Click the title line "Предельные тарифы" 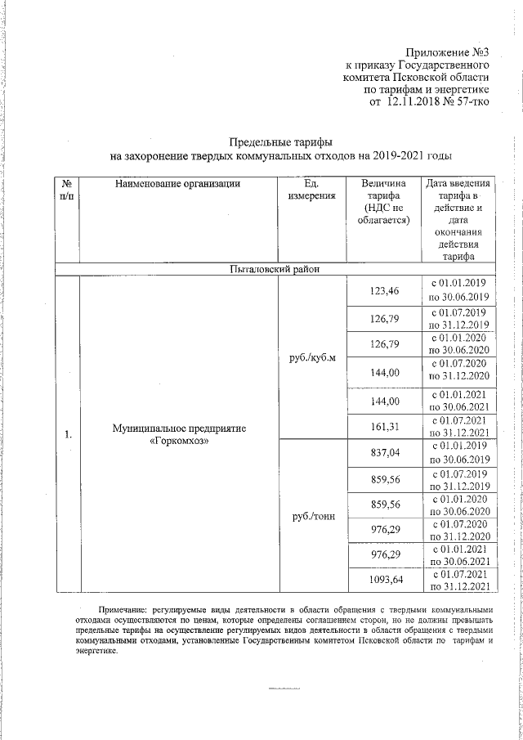click(281, 141)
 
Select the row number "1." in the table click(67, 434)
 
